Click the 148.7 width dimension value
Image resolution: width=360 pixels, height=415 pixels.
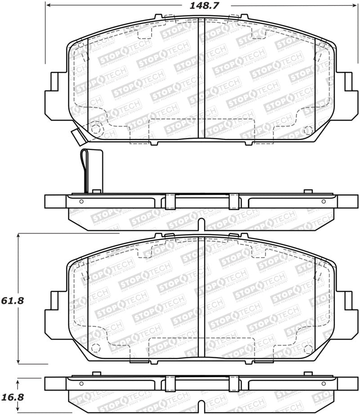202,6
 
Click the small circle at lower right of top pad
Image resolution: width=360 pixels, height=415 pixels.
308,130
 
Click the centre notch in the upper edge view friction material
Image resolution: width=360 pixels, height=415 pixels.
202,223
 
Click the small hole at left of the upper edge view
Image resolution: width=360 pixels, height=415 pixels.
81,201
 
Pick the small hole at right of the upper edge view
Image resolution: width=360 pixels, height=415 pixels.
322,201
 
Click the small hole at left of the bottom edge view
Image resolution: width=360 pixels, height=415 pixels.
81,383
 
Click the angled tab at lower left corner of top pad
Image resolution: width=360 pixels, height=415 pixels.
76,137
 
